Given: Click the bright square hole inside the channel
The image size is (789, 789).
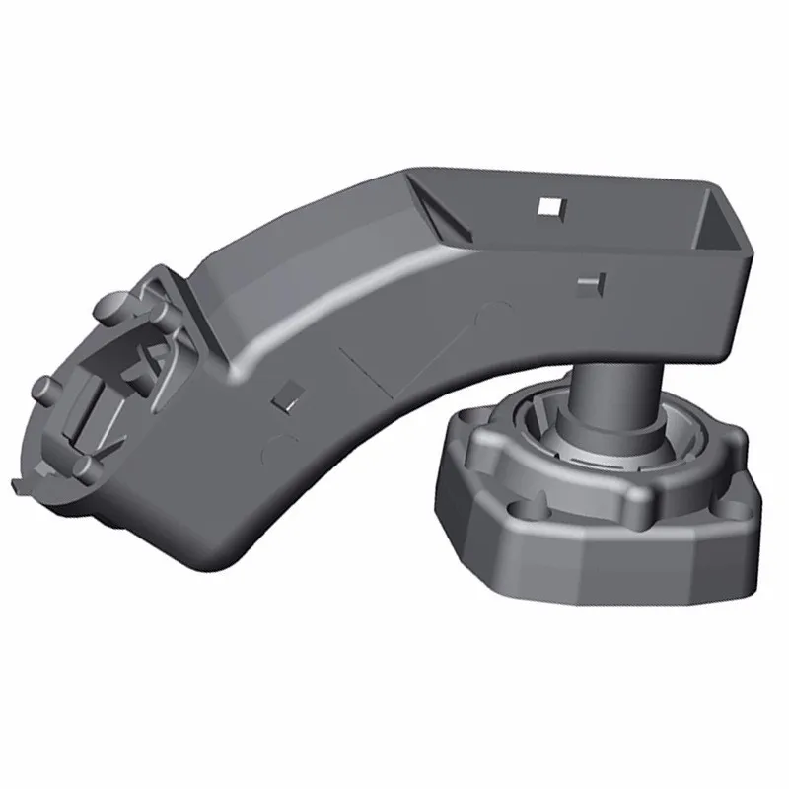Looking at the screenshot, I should pos(548,205).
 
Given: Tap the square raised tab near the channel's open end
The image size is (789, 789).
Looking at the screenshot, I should pos(590,283).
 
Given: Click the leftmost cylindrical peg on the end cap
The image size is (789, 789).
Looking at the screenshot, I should pos(41,390).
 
